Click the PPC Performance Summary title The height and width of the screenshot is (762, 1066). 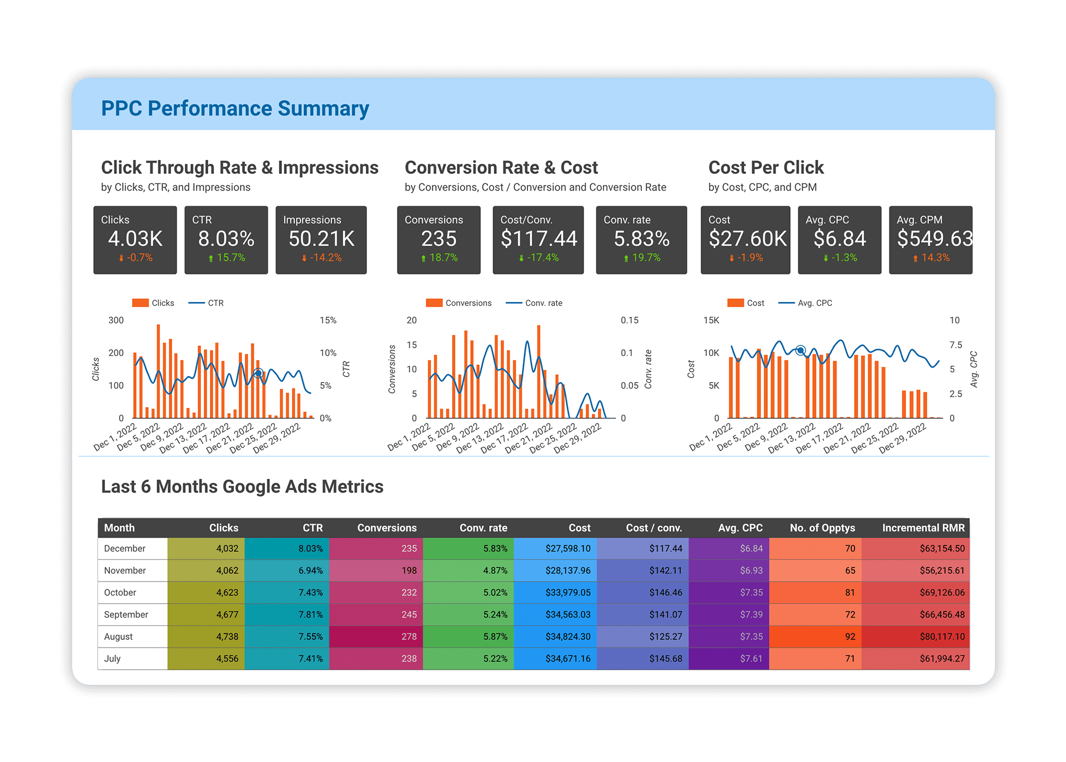[x=235, y=108]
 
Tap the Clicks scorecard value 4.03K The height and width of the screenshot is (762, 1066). [x=135, y=239]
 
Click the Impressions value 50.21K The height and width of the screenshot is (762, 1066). [x=321, y=239]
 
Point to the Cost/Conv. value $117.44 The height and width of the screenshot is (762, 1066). [x=539, y=239]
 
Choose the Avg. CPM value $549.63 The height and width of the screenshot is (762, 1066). [x=934, y=239]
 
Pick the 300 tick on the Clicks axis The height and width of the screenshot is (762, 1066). [x=116, y=320]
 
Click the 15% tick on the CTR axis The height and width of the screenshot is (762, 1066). [x=328, y=320]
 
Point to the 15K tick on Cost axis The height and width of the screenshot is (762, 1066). [x=711, y=320]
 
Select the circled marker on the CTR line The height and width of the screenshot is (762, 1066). [x=258, y=373]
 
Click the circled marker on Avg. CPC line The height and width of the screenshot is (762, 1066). [x=800, y=350]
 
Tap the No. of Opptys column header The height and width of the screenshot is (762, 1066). [x=822, y=528]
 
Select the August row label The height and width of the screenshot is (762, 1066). [x=118, y=636]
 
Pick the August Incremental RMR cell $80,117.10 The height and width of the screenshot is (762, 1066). [x=942, y=636]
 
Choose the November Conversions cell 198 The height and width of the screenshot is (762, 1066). [x=409, y=570]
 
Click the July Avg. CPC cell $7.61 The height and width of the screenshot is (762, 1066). [x=751, y=659]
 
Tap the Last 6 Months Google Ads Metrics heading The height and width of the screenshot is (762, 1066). [x=242, y=487]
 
